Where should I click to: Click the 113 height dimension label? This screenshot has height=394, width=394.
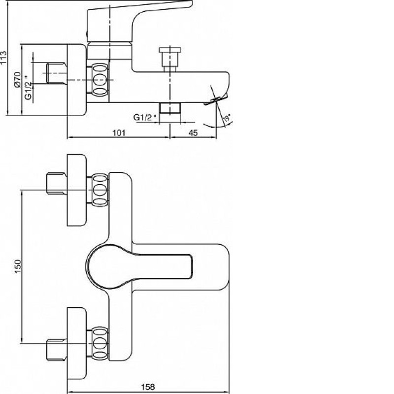point(3,58)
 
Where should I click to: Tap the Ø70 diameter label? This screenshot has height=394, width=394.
point(17,79)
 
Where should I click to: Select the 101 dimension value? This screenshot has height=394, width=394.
point(119,132)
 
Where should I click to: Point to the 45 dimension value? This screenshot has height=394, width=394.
point(193,132)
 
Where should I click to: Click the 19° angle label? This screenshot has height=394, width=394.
point(227,118)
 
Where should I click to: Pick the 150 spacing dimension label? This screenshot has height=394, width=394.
point(18,266)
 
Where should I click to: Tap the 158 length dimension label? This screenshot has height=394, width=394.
point(148,387)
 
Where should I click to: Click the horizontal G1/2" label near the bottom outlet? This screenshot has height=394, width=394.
point(145,117)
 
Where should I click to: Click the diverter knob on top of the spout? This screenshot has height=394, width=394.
point(170,59)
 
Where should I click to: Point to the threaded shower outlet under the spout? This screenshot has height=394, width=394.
point(170,108)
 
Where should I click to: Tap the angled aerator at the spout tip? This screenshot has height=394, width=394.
point(216,99)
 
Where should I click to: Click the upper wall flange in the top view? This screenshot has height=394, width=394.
point(77,190)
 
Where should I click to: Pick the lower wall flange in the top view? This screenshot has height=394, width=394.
point(77,343)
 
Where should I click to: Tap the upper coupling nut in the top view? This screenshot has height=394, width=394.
point(100,190)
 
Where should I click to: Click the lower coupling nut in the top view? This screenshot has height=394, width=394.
point(100,343)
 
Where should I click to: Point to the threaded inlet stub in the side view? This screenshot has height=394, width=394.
point(57,73)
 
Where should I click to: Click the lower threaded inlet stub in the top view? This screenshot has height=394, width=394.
point(57,350)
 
